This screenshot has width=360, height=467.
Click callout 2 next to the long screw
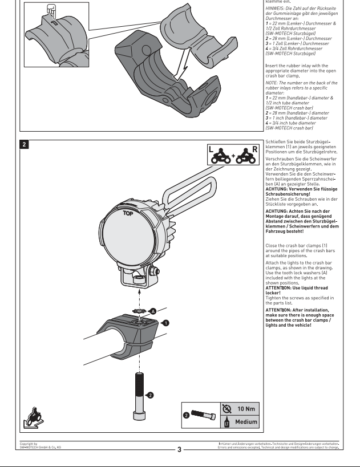[149, 394]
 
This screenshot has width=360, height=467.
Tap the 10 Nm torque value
[246, 408]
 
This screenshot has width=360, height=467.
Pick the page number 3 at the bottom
[179, 449]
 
